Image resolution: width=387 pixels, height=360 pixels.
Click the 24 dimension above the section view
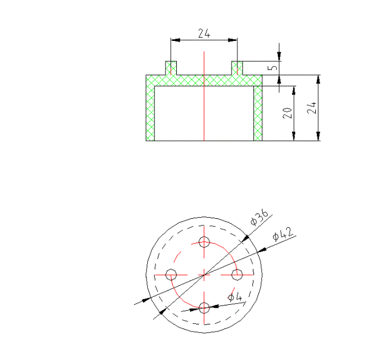tap(204, 34)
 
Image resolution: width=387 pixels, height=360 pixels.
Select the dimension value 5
tap(273, 68)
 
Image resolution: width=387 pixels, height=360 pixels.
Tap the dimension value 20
tap(287, 113)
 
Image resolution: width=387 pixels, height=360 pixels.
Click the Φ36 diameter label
tap(259, 218)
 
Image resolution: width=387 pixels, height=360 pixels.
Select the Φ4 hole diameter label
tap(235, 297)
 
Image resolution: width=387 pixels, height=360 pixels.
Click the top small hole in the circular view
tap(205, 241)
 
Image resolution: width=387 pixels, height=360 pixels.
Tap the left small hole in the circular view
tap(172, 275)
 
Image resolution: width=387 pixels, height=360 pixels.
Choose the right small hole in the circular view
tap(237, 275)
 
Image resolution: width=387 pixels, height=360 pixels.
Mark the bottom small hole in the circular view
tap(205, 307)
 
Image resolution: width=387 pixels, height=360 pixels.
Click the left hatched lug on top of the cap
tap(171, 68)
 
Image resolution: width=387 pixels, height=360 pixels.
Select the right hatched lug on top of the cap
tap(237, 68)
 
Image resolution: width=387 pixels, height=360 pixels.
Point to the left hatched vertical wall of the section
tap(150, 113)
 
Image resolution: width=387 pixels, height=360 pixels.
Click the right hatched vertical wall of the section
tap(258, 113)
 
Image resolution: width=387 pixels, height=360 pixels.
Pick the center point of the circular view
tap(204, 275)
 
